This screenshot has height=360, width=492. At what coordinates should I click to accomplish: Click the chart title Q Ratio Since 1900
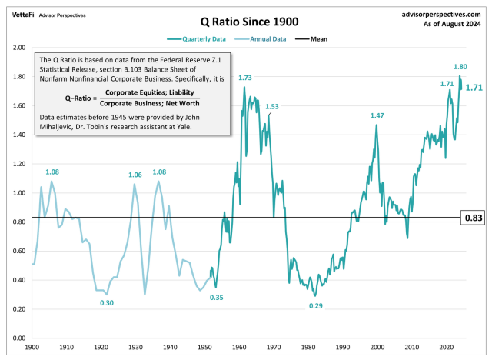(x=245, y=22)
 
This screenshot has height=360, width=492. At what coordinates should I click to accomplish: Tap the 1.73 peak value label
(x=245, y=78)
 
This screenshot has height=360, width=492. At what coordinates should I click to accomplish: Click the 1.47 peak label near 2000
(x=377, y=115)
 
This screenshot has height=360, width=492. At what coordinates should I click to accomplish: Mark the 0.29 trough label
(x=315, y=306)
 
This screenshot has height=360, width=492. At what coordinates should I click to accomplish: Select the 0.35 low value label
(x=216, y=298)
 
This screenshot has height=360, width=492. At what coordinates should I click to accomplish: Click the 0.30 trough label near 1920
(x=107, y=303)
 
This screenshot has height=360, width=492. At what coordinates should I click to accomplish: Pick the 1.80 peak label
(x=460, y=67)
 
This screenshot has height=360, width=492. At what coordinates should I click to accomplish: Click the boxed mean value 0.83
(x=472, y=218)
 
